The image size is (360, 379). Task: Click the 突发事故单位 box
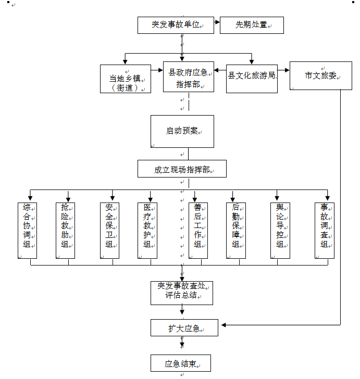pyautogui.click(x=176, y=25)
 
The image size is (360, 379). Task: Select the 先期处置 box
pyautogui.click(x=252, y=25)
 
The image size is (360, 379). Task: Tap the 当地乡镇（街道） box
pyautogui.click(x=126, y=79)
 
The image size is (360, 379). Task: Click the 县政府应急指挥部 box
pyautogui.click(x=188, y=77)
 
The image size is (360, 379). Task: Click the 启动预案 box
pyautogui.click(x=182, y=131)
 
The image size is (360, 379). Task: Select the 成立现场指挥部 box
pyautogui.click(x=182, y=169)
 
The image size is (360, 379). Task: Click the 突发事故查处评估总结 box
pyautogui.click(x=182, y=293)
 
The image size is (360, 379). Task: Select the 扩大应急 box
pyautogui.click(x=182, y=328)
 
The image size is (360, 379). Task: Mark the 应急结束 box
pyautogui.click(x=181, y=363)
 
